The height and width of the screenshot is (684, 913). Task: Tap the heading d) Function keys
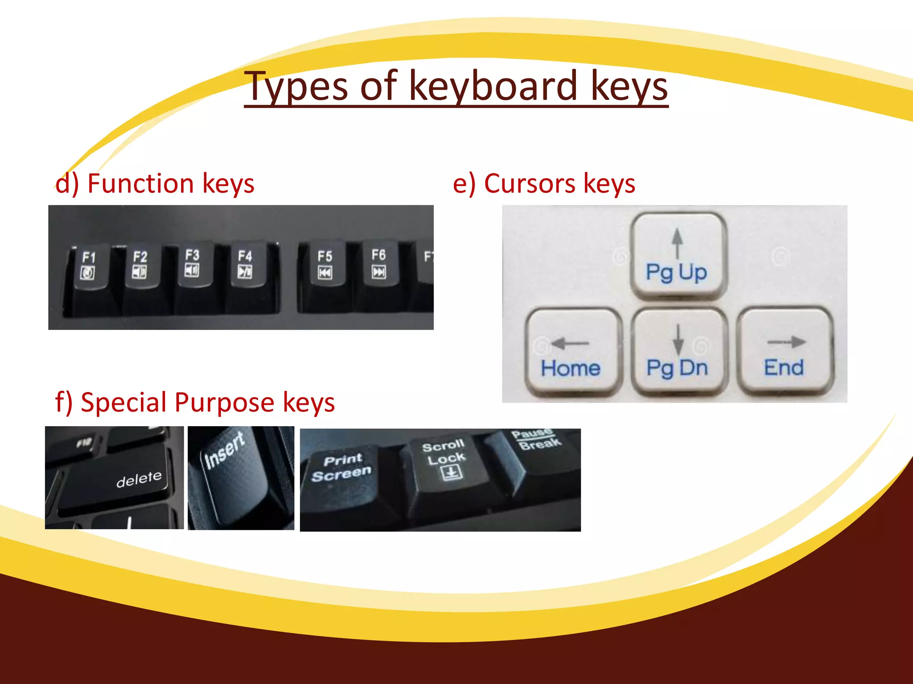pos(155,183)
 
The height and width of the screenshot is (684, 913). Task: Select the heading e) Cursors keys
pos(543,183)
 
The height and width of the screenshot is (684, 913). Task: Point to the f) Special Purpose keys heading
pos(195,402)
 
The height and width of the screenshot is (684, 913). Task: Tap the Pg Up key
pos(677,256)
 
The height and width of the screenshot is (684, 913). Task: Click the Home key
pos(572,352)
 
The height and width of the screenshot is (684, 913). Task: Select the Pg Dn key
pos(678,352)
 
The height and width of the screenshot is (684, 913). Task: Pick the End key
pos(785,352)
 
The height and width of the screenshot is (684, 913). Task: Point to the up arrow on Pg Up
pos(678,242)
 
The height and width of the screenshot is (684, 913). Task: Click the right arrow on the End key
pos(787,342)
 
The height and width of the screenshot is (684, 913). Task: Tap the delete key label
pos(139,479)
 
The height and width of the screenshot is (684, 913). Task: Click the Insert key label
pos(224,450)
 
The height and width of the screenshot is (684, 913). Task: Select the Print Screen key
pos(341,468)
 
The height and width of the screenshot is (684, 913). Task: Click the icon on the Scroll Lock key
pos(452,472)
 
